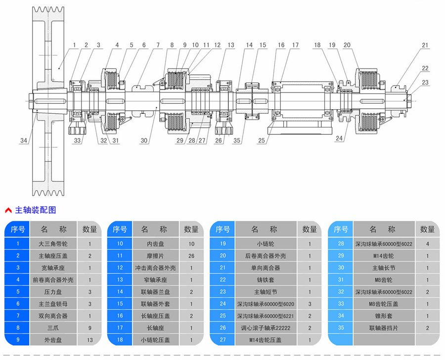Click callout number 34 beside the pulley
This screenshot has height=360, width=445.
(x=24, y=141)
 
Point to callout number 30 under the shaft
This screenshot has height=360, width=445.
(x=144, y=141)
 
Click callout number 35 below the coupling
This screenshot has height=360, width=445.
(x=237, y=141)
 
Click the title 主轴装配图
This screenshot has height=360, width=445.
(x=36, y=210)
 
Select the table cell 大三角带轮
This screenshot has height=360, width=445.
(x=54, y=243)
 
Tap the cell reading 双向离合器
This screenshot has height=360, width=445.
(x=54, y=315)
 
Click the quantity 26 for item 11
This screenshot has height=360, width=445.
(x=191, y=256)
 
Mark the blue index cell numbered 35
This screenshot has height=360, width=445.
(x=341, y=327)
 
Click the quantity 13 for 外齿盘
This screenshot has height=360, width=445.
(x=90, y=339)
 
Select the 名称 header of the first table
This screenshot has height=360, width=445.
(x=54, y=229)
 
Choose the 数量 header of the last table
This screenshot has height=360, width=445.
(x=427, y=229)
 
